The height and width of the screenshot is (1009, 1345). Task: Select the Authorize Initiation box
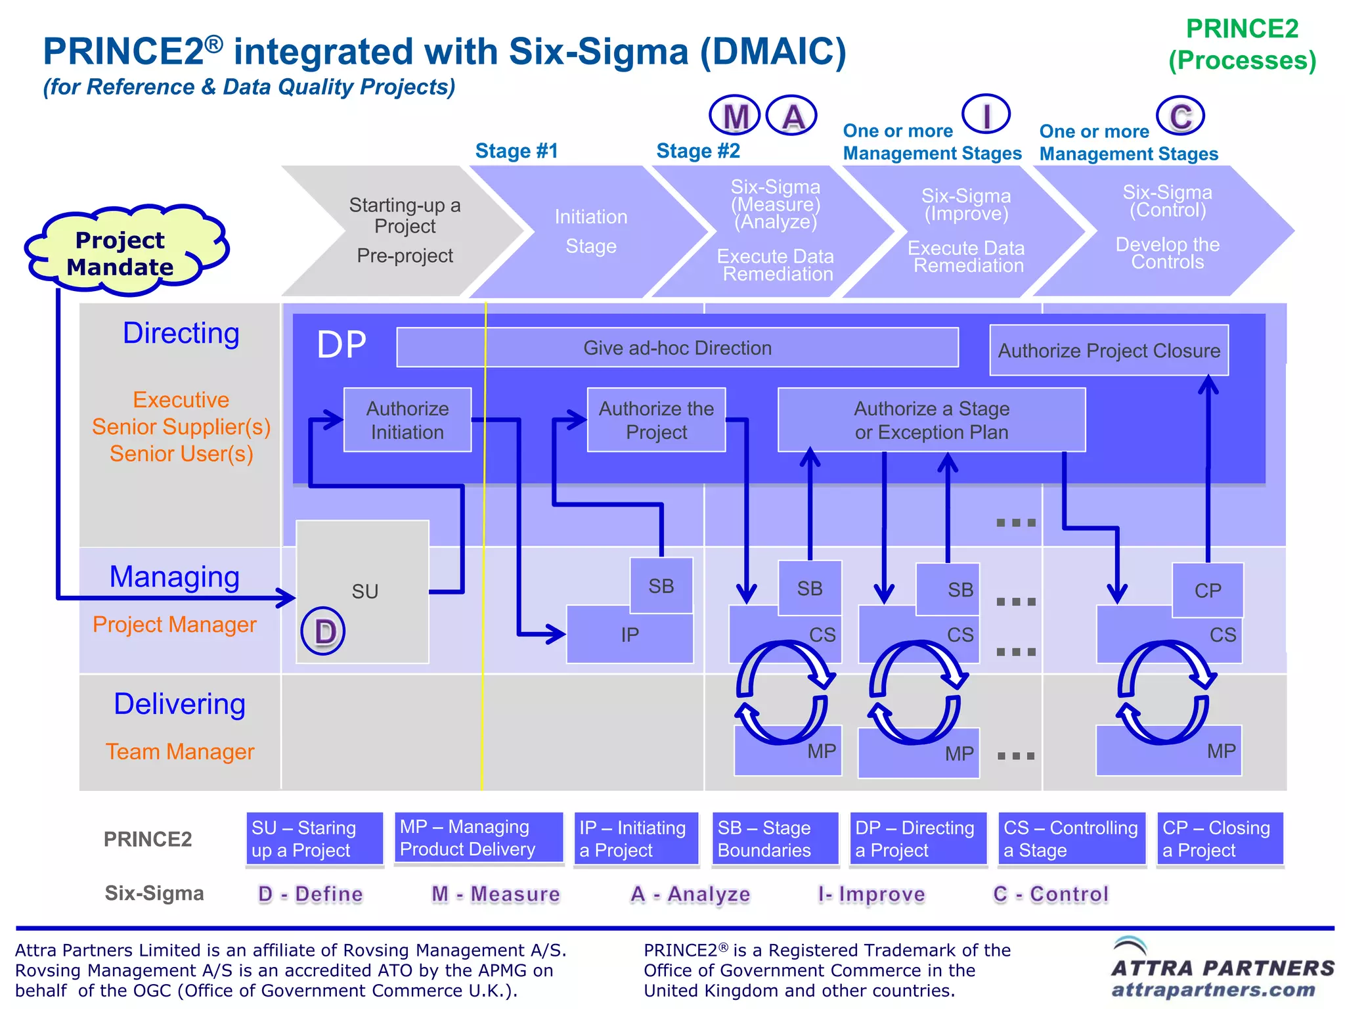coord(407,420)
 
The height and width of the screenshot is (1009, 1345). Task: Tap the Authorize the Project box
coord(655,420)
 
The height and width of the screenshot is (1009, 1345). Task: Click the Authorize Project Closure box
coord(1109,351)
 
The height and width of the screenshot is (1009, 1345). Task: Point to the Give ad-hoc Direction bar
coord(677,348)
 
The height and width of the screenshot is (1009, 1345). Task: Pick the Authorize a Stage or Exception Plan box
coord(931,420)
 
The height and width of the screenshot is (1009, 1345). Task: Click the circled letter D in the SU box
coord(323,631)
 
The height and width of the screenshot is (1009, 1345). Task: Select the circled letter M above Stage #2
coord(735,116)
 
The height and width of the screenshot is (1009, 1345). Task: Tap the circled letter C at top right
coord(1180,116)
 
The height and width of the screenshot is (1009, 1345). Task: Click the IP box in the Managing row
coord(628,635)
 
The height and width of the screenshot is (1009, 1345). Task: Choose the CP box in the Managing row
coord(1207,590)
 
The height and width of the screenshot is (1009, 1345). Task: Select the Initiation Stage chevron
coord(590,231)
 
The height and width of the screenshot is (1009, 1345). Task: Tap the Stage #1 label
coord(516,151)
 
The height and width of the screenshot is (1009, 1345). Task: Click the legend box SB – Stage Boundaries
coord(775,839)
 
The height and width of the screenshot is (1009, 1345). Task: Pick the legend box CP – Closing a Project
coord(1220,839)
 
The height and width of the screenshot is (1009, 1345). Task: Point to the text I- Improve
coord(871,894)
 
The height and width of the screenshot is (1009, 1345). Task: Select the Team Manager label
coord(180,751)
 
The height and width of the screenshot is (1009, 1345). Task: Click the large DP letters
coord(341,344)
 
